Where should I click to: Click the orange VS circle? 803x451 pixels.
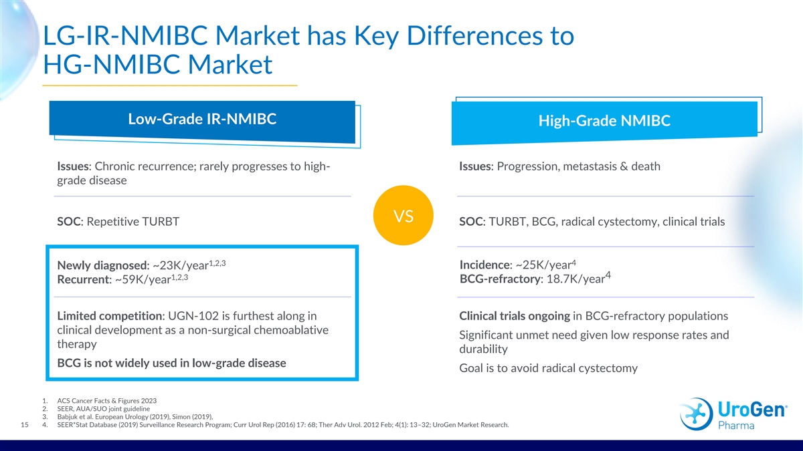click(x=404, y=215)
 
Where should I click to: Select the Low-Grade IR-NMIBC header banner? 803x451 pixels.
click(x=202, y=122)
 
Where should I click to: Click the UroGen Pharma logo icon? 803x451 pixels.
click(x=696, y=414)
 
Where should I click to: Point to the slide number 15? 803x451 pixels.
click(x=24, y=425)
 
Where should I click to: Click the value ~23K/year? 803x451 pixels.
click(x=181, y=265)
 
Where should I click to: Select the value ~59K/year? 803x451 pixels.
click(x=143, y=279)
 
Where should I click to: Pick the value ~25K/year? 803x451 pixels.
click(x=543, y=265)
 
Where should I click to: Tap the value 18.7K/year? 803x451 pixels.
click(x=575, y=279)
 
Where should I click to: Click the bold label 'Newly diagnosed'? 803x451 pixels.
click(x=102, y=265)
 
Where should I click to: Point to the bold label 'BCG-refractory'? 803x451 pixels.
click(x=500, y=279)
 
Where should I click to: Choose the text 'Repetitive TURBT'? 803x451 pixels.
click(x=133, y=222)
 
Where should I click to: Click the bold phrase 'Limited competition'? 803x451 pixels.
click(x=110, y=316)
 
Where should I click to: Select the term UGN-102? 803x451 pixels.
click(x=193, y=315)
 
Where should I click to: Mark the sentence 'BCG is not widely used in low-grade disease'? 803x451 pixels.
click(x=172, y=363)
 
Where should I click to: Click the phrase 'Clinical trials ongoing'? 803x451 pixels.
click(x=515, y=316)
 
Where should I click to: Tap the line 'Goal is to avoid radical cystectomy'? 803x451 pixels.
click(x=549, y=368)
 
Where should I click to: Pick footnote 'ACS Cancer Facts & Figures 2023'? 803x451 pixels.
click(x=107, y=401)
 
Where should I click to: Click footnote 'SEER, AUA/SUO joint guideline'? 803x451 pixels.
click(x=104, y=409)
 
